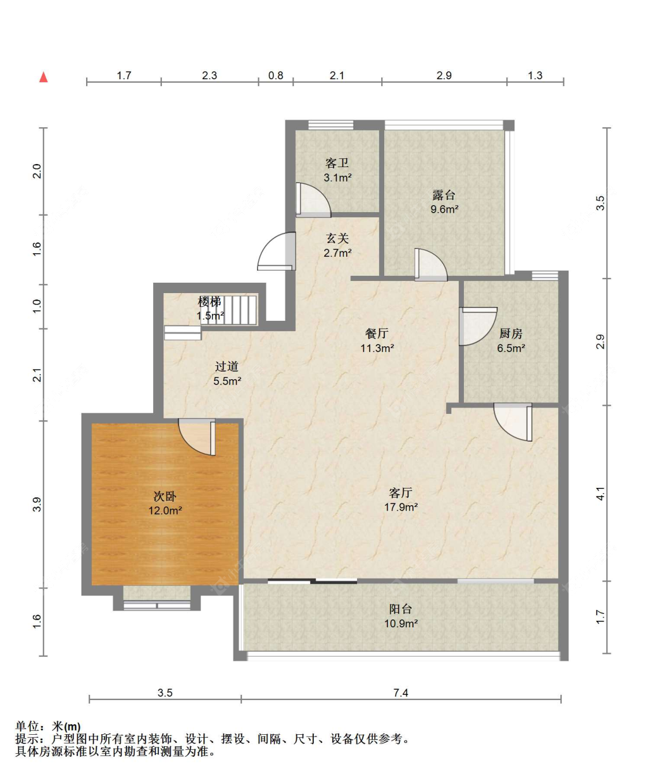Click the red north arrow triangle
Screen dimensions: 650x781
[x=44, y=77]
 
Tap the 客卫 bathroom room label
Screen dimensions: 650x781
[x=337, y=163]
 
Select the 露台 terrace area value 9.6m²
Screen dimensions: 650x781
[x=444, y=209]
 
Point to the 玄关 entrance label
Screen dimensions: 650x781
[x=337, y=238]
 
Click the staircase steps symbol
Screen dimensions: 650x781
[x=241, y=310]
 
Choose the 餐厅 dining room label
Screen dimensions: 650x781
[x=377, y=333]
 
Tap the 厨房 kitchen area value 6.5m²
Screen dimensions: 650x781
[x=511, y=348]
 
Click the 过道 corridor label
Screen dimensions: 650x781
[x=226, y=366]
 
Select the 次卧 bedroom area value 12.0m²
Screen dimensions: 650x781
[x=165, y=510]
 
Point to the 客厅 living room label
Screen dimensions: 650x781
[x=400, y=493]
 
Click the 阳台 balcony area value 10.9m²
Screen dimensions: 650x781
[x=401, y=624]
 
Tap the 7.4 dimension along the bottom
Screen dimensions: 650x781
[x=401, y=693]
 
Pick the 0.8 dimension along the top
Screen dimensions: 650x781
[x=276, y=76]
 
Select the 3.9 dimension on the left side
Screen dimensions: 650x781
[x=37, y=504]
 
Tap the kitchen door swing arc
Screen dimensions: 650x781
[x=478, y=326]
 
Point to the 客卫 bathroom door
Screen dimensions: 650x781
[x=313, y=200]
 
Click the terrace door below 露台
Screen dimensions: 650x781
[x=430, y=265]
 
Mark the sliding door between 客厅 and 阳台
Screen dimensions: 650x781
[x=313, y=581]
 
